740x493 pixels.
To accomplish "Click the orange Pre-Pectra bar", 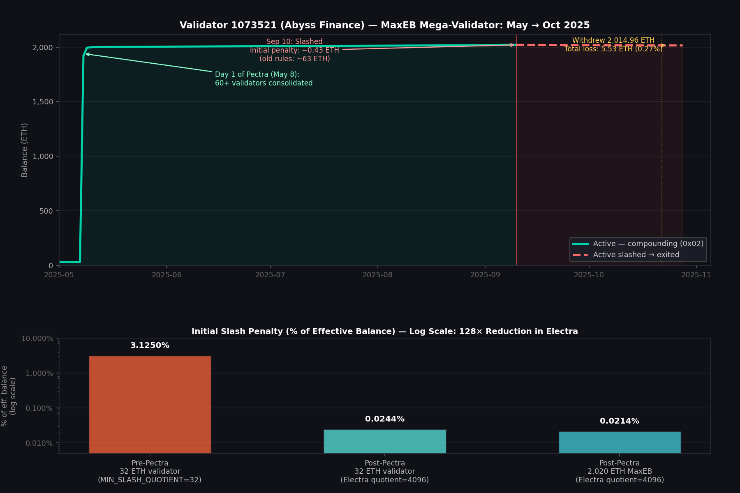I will click(150, 404).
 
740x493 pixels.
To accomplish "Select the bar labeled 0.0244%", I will click(384, 441).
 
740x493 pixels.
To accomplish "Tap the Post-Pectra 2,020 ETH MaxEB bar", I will click(620, 442).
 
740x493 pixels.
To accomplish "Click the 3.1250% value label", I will click(150, 346).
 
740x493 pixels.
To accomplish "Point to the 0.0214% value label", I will click(620, 421).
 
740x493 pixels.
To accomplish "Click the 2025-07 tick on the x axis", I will click(270, 274).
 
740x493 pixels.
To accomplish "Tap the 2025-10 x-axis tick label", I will click(589, 274).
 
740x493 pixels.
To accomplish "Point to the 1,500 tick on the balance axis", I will click(43, 102).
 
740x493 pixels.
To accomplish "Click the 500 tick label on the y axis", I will click(46, 211).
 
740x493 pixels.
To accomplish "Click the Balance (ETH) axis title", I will click(25, 150).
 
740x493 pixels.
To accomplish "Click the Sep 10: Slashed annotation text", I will click(294, 41).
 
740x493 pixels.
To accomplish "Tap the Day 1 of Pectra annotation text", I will click(257, 74).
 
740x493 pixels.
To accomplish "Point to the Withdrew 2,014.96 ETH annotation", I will click(613, 40).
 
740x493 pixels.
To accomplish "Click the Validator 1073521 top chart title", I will click(384, 25).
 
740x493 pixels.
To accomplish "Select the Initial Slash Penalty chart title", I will click(384, 331).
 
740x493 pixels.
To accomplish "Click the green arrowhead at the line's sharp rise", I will click(86, 54).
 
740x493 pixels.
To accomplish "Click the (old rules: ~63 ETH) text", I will click(294, 59).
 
